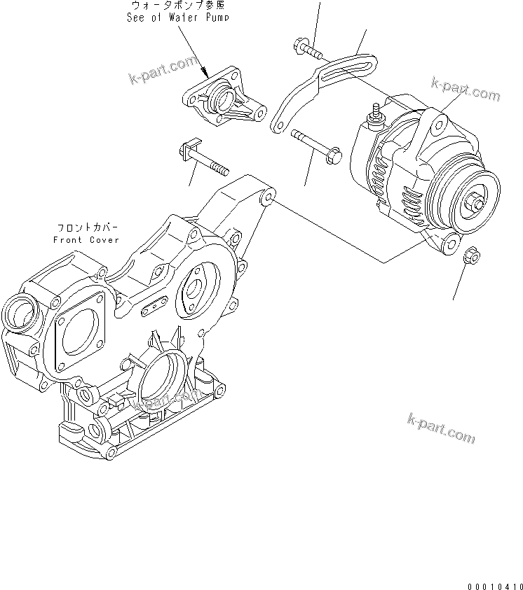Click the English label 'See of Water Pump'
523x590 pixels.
pyautogui.click(x=177, y=17)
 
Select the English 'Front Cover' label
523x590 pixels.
pyautogui.click(x=86, y=240)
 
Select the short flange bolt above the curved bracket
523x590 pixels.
pyautogui.click(x=304, y=48)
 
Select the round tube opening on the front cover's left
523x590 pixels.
pyautogui.click(x=16, y=307)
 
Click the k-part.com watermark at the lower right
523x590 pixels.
pyautogui.click(x=441, y=428)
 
